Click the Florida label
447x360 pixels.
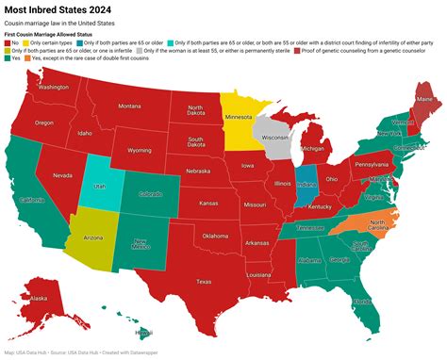[358, 302]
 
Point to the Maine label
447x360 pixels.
[424, 99]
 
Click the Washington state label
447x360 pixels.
[54, 87]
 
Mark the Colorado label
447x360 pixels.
[150, 193]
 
